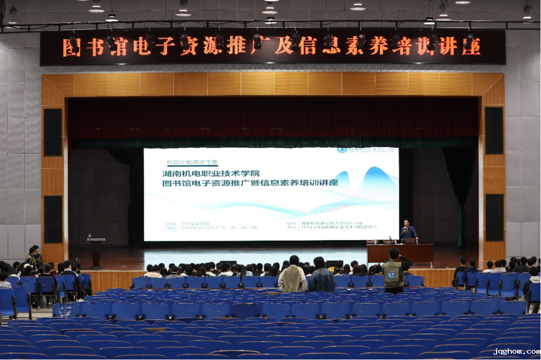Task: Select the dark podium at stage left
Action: pyautogui.click(x=96, y=252)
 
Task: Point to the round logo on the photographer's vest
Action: pyautogui.click(x=391, y=275)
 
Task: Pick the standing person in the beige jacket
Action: pyautogui.click(x=293, y=275)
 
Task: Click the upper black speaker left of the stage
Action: pyautogui.click(x=53, y=132)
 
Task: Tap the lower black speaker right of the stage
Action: pyautogui.click(x=495, y=217)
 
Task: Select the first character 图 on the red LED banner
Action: pyautogui.click(x=72, y=47)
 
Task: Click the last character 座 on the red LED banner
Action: pyautogui.click(x=471, y=46)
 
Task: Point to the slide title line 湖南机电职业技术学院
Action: pyautogui.click(x=211, y=173)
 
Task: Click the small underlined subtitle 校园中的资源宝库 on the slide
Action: pyautogui.click(x=192, y=162)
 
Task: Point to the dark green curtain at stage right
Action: pyautogui.click(x=460, y=195)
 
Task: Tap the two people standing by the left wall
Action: pyautogui.click(x=34, y=257)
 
